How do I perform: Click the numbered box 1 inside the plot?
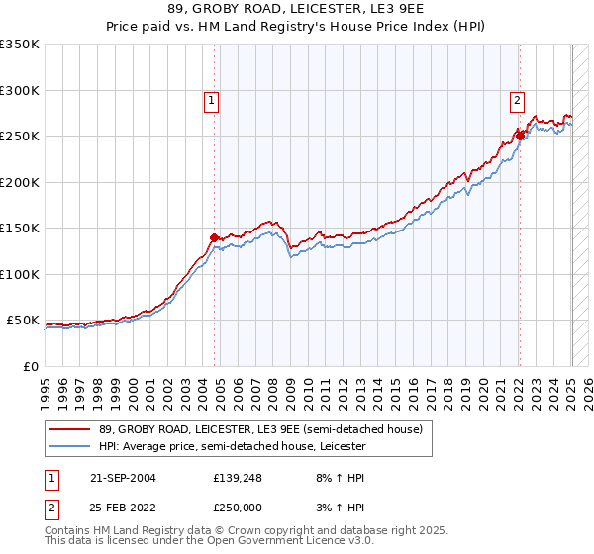coord(212,99)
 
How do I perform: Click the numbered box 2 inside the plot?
coord(517,99)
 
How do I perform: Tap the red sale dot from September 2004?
coord(214,237)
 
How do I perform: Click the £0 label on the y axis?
coord(29,366)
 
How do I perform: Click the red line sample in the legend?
coord(71,429)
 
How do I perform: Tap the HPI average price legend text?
coord(233,447)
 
